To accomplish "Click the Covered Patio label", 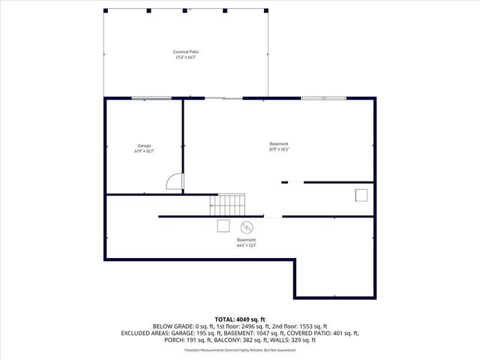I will (x=187, y=52).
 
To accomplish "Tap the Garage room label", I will (x=144, y=145).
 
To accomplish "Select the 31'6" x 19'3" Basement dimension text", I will (x=279, y=149).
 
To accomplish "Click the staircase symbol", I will (x=227, y=204).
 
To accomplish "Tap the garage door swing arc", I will (x=173, y=181).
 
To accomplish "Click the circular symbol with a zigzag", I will (x=246, y=227).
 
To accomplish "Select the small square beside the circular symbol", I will (x=223, y=226).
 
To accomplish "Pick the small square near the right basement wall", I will (x=361, y=195).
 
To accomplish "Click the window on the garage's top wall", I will (x=151, y=98).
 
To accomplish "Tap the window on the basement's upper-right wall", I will (x=324, y=98).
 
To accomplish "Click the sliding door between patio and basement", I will (x=223, y=98).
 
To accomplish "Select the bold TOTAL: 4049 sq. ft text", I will (x=240, y=319).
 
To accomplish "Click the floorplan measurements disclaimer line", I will (x=240, y=349).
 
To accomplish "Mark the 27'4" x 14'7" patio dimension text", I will (x=187, y=57).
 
